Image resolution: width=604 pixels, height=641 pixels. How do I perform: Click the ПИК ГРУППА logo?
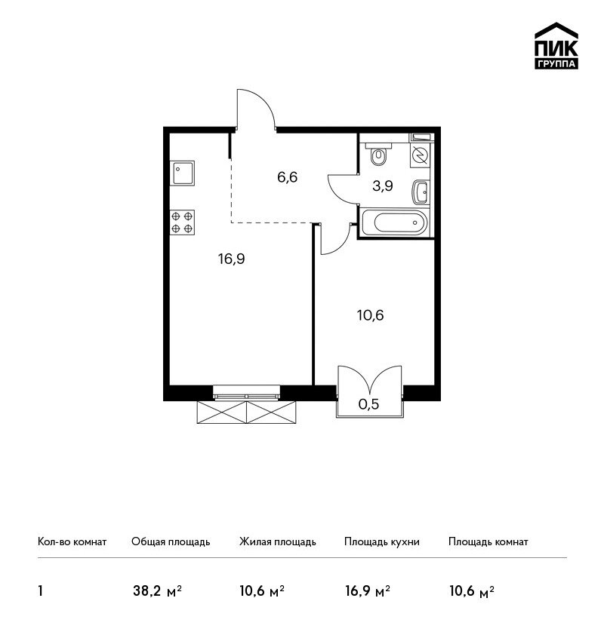556,46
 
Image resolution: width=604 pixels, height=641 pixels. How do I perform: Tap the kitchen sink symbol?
182,173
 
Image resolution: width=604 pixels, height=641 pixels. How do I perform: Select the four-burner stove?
182,222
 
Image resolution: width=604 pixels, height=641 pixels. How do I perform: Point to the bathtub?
395,222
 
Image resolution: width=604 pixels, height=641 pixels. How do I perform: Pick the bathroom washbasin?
421,192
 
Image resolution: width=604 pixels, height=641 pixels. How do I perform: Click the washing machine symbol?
421,155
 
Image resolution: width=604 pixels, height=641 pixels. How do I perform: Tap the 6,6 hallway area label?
287,177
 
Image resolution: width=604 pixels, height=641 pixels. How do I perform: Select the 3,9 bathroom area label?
383,186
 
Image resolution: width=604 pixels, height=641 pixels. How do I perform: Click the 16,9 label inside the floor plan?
232,259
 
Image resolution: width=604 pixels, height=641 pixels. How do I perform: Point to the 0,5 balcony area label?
368,404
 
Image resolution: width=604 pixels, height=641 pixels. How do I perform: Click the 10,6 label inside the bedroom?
371,315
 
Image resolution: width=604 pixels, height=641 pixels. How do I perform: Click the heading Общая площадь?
171,542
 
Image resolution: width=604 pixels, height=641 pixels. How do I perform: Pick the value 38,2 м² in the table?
158,591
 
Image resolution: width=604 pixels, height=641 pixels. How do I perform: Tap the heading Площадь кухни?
382,542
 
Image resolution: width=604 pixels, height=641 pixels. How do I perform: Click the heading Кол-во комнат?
72,542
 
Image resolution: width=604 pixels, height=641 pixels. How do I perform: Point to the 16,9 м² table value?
368,591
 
